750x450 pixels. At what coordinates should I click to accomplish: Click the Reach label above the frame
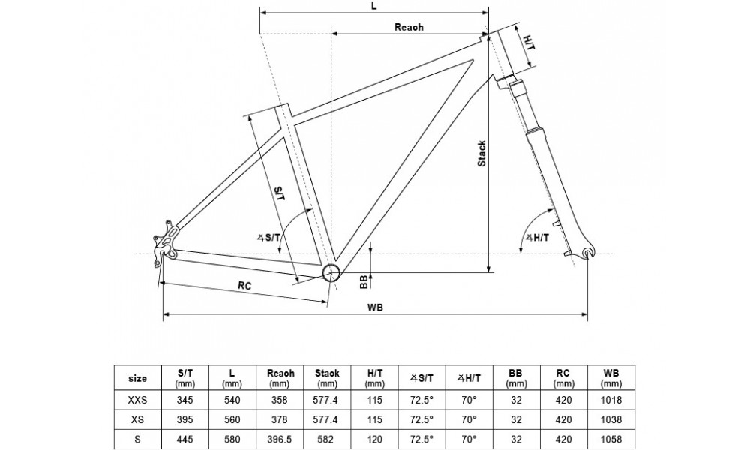tap(409, 27)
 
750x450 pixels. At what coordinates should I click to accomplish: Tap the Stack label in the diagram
tap(482, 154)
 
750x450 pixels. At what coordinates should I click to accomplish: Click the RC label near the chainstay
tap(244, 286)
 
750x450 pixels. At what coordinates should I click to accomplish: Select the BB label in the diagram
tap(364, 281)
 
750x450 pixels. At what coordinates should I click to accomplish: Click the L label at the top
tap(373, 5)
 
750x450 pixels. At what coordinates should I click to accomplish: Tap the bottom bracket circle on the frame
tap(331, 271)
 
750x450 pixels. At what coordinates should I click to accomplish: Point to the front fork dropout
tap(587, 254)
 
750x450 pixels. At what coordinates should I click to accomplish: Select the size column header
tap(139, 378)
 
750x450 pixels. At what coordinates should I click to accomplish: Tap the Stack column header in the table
tap(328, 378)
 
